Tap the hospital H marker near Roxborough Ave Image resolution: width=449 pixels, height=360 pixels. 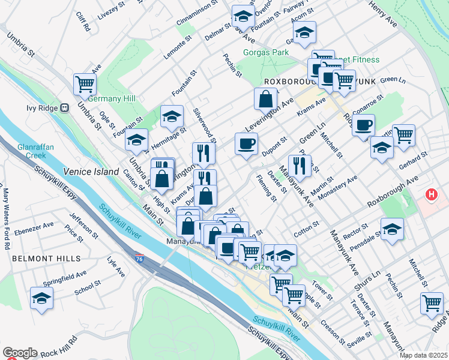pos(431,195)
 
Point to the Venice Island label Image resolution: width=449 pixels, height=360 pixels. pos(92,172)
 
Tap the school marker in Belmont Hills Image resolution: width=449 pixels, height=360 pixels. pos(41,298)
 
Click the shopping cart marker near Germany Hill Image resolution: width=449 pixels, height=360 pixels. pos(85,83)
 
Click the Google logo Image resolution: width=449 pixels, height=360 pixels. pos(20,353)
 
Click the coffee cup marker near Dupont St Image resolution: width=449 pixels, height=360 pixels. pos(246,144)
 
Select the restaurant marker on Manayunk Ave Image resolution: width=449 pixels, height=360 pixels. pos(300,165)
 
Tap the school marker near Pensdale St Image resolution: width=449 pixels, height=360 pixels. pos(392,229)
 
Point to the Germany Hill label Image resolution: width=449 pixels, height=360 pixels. pos(112,98)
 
